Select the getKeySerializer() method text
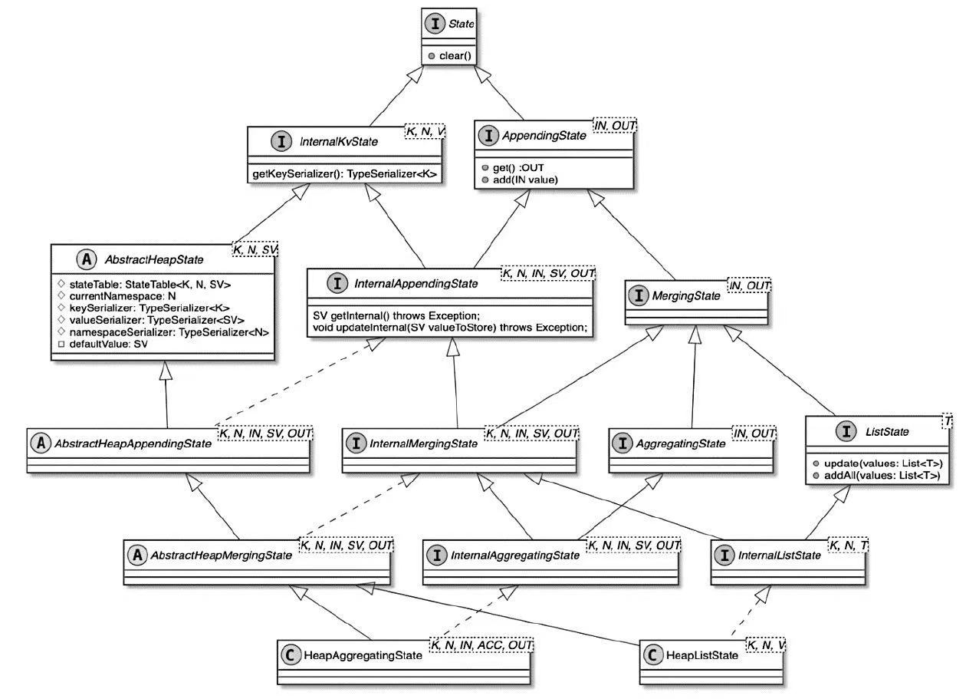[x=345, y=174]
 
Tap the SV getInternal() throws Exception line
[x=396, y=316]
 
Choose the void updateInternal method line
[x=451, y=328]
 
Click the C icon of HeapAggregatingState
[x=291, y=655]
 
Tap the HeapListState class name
[x=703, y=655]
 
